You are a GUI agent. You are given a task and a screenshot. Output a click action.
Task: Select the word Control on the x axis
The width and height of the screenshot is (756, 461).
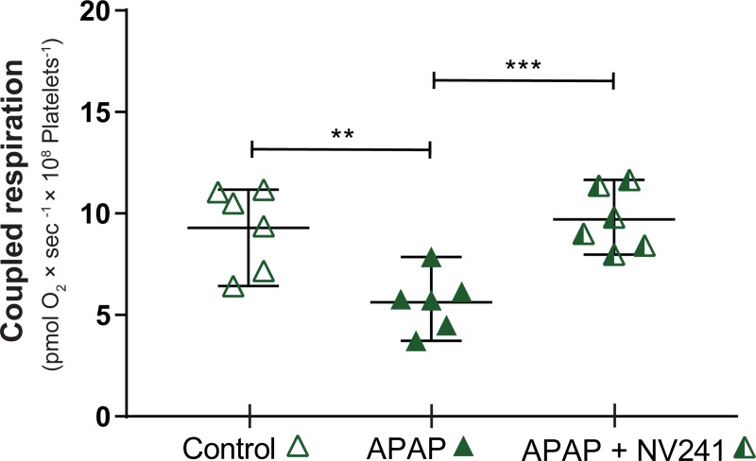click(x=224, y=446)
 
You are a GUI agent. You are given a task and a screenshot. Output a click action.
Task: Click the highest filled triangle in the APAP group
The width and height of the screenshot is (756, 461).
click(x=431, y=258)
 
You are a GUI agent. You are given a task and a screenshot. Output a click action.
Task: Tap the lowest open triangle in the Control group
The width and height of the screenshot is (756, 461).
click(x=233, y=287)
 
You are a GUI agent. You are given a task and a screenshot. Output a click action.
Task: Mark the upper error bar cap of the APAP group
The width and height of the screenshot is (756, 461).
click(x=431, y=257)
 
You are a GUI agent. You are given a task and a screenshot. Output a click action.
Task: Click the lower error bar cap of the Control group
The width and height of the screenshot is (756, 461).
click(x=249, y=285)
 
